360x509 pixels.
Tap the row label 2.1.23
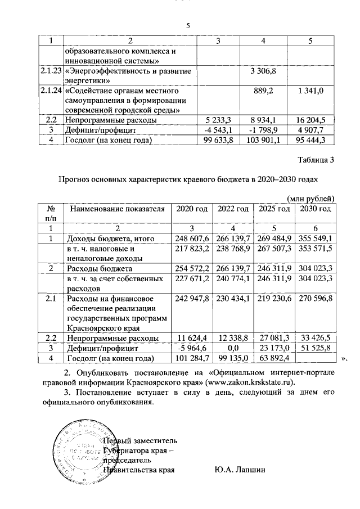pos(51,72)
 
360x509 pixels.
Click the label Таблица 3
pos(317,160)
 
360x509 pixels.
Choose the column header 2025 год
pos(274,209)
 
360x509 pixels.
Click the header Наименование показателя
pos(116,209)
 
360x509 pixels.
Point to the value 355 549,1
pos(314,238)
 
